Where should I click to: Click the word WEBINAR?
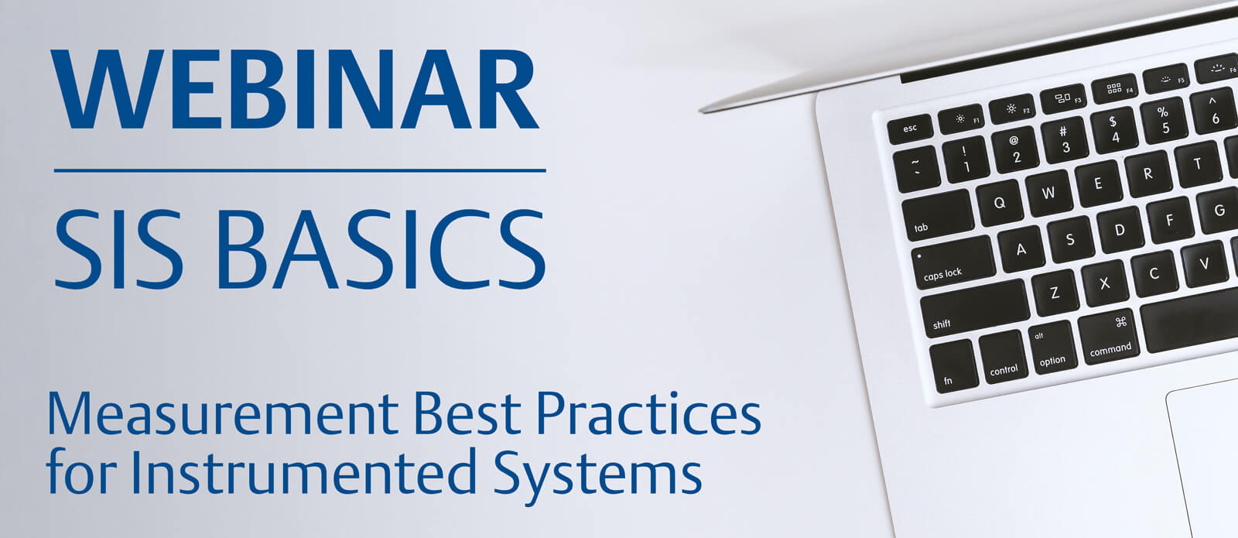pyautogui.click(x=295, y=90)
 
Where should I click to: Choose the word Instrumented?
pyautogui.click(x=303, y=471)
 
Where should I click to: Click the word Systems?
pyautogui.click(x=597, y=475)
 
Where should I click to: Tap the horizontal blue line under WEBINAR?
pyautogui.click(x=300, y=171)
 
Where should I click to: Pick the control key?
pyautogui.click(x=1002, y=356)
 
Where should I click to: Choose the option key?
pyautogui.click(x=1052, y=347)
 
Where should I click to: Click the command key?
pyautogui.click(x=1109, y=336)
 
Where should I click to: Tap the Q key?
pyautogui.click(x=1000, y=202)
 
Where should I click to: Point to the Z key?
pyautogui.click(x=1055, y=293)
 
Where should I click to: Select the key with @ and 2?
pyautogui.click(x=1015, y=149)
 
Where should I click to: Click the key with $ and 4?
pyautogui.click(x=1114, y=130)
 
